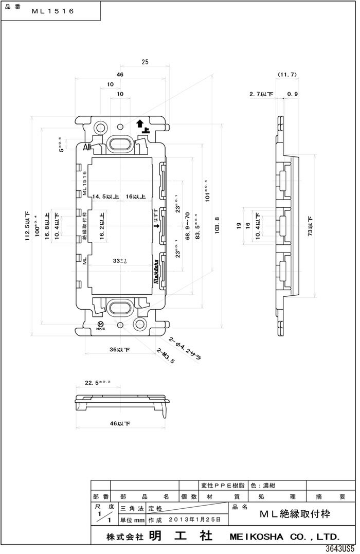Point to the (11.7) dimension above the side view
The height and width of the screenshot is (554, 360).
pyautogui.click(x=287, y=75)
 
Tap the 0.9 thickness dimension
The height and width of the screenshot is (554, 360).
pyautogui.click(x=293, y=94)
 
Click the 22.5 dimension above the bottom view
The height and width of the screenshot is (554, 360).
pyautogui.click(x=95, y=383)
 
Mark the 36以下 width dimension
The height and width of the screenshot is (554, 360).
pyautogui.click(x=120, y=349)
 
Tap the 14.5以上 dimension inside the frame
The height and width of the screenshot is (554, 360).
pyautogui.click(x=106, y=196)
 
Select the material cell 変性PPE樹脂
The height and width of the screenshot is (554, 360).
pyautogui.click(x=222, y=485)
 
